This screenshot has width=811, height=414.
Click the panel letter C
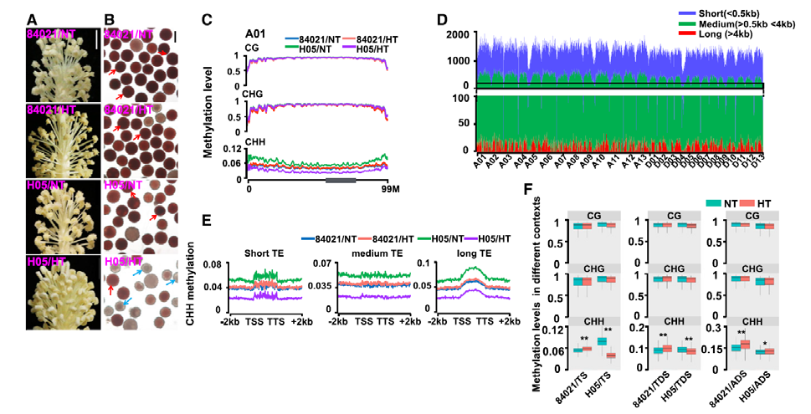point(208,18)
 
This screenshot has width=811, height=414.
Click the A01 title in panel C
point(255,34)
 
